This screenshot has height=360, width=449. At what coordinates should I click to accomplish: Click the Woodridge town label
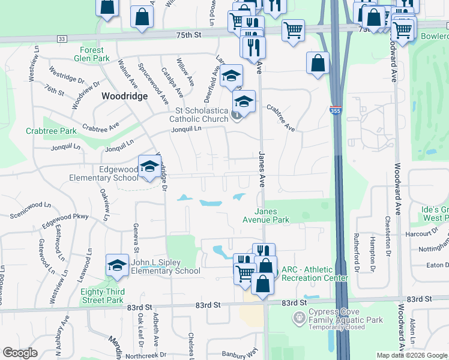click(x=124, y=96)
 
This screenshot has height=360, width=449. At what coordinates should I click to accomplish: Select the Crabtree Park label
click(x=51, y=131)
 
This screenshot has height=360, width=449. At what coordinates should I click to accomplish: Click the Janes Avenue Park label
click(x=271, y=215)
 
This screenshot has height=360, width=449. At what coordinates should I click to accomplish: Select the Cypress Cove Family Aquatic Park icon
click(x=298, y=316)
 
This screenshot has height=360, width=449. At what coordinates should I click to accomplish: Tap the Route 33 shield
click(x=62, y=38)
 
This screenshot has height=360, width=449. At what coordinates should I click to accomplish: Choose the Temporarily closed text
click(x=345, y=328)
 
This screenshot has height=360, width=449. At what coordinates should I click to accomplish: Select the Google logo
click(x=20, y=353)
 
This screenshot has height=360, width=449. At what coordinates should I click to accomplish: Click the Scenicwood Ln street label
click(x=23, y=205)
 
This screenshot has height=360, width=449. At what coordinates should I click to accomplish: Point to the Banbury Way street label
click(x=240, y=353)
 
